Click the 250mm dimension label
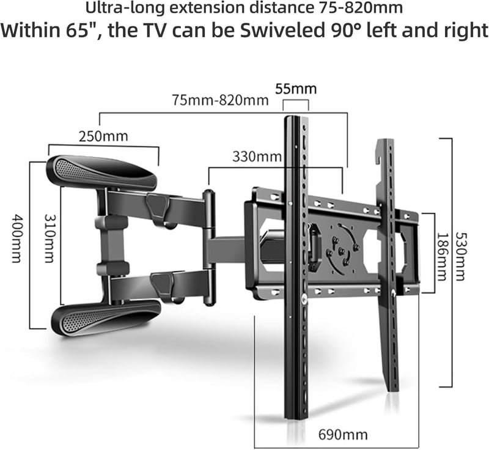click(103, 136)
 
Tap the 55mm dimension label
click(296, 89)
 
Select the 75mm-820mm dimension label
click(220, 100)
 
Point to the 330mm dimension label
click(257, 157)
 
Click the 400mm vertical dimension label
click(17, 238)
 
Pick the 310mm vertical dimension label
click(50, 238)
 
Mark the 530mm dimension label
click(461, 256)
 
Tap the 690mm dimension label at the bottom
click(343, 434)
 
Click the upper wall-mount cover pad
click(101, 172)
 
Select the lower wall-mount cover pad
click(106, 318)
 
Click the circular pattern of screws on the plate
click(342, 249)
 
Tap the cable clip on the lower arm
click(161, 284)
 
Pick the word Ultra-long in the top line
click(125, 8)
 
